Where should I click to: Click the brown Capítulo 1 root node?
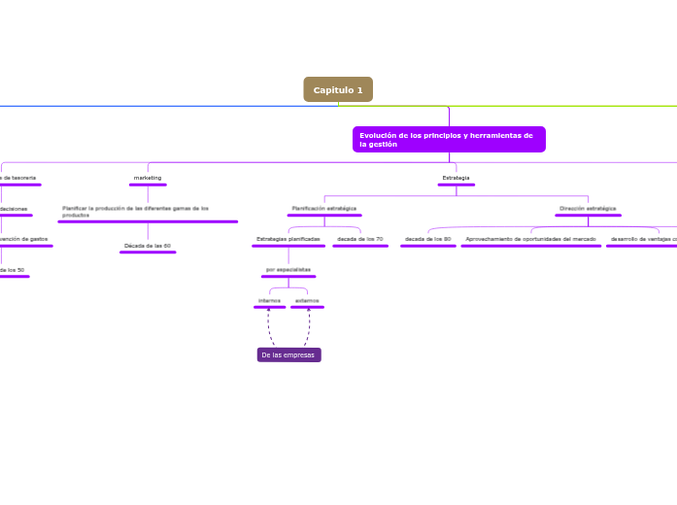[x=338, y=89]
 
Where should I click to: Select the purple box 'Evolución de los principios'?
[x=449, y=139]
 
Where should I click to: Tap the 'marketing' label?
[x=148, y=178]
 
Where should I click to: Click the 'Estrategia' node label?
[x=456, y=178]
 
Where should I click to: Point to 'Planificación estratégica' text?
[x=323, y=208]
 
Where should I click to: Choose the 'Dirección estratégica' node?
[x=588, y=208]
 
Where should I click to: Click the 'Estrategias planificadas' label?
[x=288, y=238]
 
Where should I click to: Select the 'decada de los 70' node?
[x=359, y=238]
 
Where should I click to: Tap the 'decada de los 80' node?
[x=427, y=238]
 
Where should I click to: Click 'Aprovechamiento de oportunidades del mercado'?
[x=530, y=238]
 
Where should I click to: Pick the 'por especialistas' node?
[x=288, y=269]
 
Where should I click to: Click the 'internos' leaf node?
[x=269, y=300]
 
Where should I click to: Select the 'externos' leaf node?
[x=307, y=300]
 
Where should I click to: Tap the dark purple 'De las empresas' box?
[x=288, y=355]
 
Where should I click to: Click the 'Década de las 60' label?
[x=148, y=246]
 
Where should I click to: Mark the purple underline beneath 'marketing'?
[x=148, y=185]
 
